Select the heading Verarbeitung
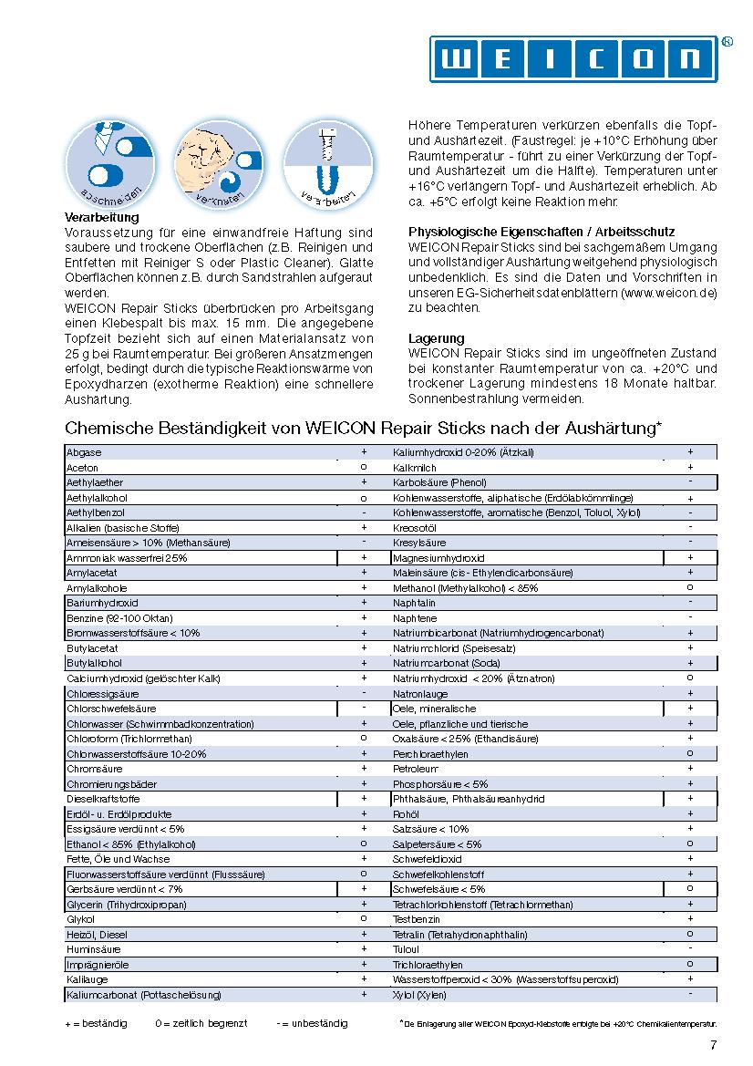tap(102, 218)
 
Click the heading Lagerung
tap(437, 338)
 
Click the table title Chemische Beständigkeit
tap(364, 428)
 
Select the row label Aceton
tap(83, 467)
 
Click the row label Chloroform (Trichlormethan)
tap(129, 739)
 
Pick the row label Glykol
tap(80, 919)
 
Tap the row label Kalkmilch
tap(416, 467)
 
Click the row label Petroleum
tap(416, 769)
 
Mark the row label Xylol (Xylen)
tap(419, 995)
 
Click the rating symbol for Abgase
tap(364, 452)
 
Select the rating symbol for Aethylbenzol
tap(364, 512)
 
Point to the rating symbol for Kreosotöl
tap(690, 528)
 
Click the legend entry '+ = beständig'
tap(96, 1023)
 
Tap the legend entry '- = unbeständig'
tap(312, 1023)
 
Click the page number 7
tap(713, 1045)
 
